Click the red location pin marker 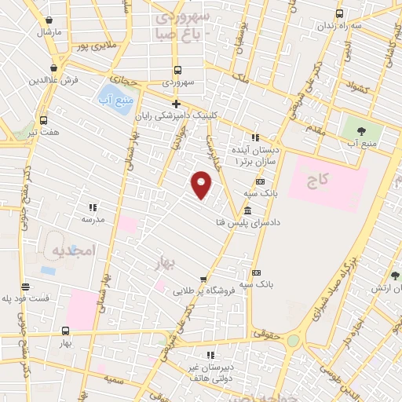pos(202,184)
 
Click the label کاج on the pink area pos(316,181)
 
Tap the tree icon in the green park pos(361,131)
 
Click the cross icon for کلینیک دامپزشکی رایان pos(177,104)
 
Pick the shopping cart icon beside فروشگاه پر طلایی pos(203,279)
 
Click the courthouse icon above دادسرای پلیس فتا pos(248,210)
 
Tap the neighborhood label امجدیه pos(72,250)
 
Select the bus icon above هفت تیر pos(42,121)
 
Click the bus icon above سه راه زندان pos(339,13)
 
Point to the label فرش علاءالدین pos(56,81)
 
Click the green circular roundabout pos(294,341)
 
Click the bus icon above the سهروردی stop pos(177,69)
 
